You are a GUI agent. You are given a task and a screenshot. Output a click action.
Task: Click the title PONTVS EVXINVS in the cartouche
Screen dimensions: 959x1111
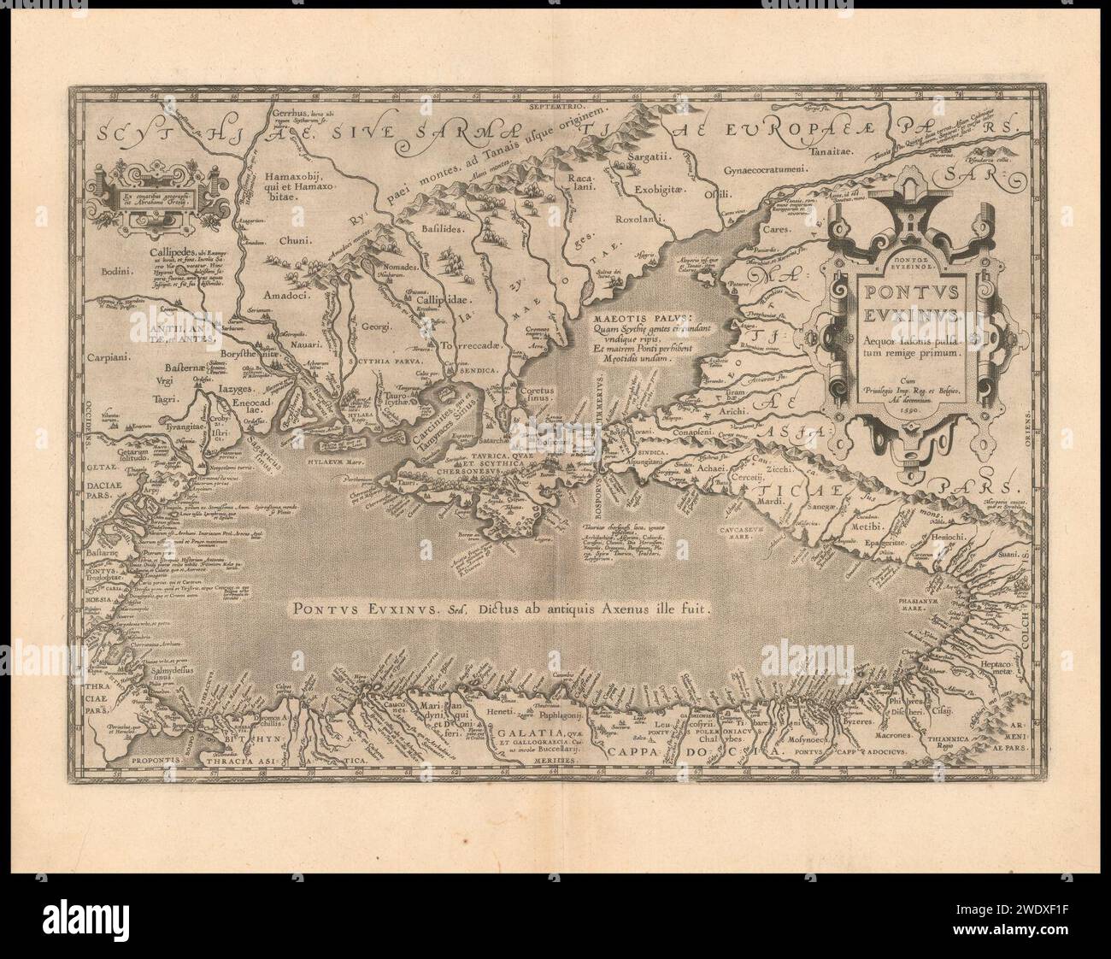coord(907,296)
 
